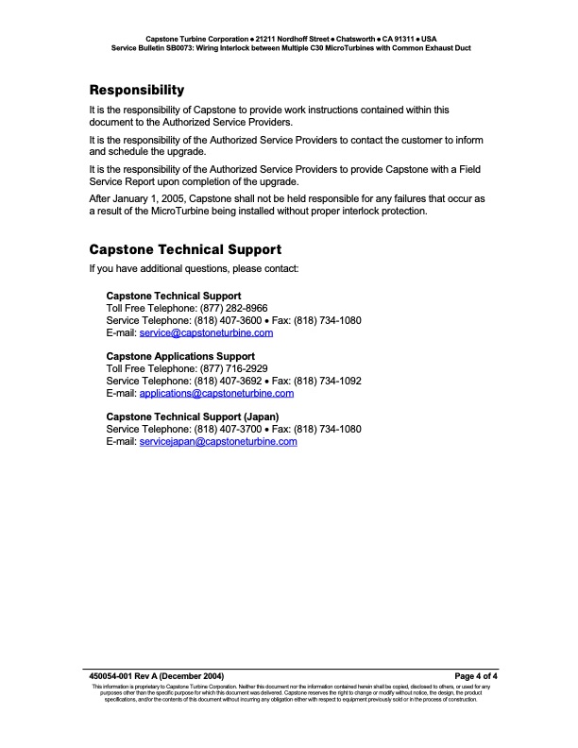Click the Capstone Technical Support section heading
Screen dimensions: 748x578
pos(184,250)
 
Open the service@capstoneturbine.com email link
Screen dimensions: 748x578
pos(206,332)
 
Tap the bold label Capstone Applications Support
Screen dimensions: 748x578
pos(180,356)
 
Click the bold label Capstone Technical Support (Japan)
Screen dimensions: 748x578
pos(193,416)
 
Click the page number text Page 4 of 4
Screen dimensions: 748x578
pos(476,676)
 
